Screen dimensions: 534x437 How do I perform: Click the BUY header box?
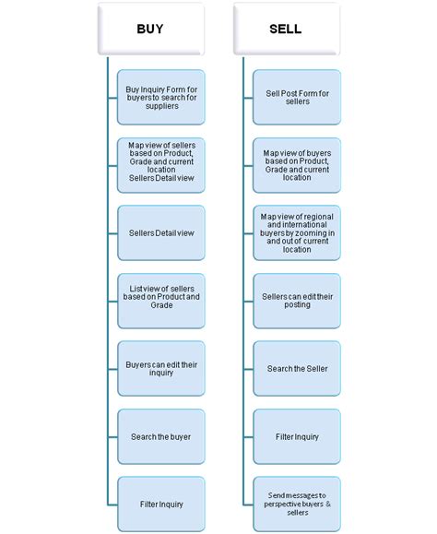pos(149,29)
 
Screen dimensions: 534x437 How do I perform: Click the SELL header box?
pos(286,29)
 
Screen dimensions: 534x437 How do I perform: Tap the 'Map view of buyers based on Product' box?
pos(297,164)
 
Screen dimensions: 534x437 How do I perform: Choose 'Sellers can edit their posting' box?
pos(297,301)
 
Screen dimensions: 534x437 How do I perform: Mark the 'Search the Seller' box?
pos(297,369)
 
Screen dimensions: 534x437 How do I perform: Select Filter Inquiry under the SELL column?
pos(297,436)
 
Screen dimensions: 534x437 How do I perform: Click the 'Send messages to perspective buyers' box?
pos(297,504)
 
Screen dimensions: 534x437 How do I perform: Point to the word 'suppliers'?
pos(161,107)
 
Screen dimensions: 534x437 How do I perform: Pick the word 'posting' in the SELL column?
pos(297,306)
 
